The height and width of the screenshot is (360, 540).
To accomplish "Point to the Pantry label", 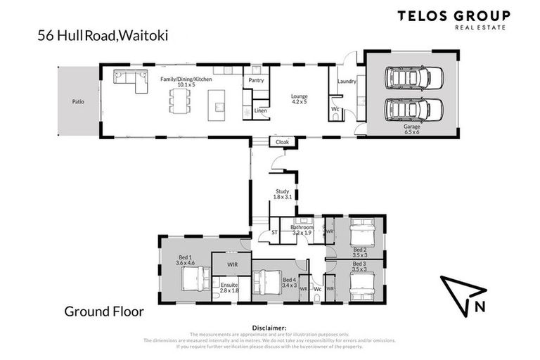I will pos(256,80).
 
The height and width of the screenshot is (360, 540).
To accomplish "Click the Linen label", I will pos(260,110).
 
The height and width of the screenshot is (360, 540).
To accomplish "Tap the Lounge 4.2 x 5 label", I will pos(300,99).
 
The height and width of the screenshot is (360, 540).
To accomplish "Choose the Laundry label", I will pos(347,82).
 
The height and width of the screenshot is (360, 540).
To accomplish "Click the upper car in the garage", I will pos(411,79).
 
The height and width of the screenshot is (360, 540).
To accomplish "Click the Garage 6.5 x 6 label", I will pos(411,129).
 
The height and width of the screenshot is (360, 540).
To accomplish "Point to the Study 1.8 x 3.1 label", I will pos(283,194).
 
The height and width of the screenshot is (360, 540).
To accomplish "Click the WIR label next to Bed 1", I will pos(233,264).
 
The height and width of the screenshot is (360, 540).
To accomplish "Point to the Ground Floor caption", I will pos(104,310).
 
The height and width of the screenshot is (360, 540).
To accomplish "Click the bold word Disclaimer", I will pos(269,328).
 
